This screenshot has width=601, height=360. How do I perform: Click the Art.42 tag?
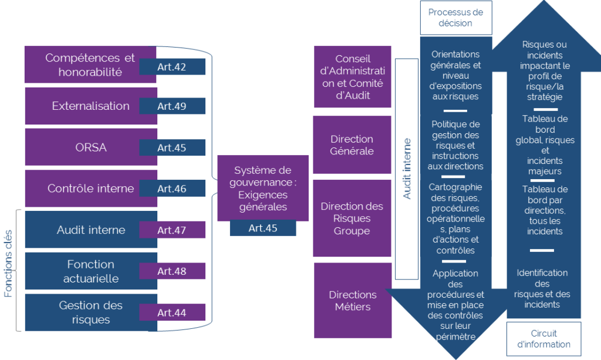(x=172, y=67)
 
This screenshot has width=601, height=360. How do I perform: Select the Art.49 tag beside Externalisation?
(x=172, y=106)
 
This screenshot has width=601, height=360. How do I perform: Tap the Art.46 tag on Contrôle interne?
(x=172, y=189)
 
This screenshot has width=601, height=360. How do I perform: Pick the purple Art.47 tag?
(x=172, y=230)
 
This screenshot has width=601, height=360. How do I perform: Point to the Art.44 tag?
(x=172, y=312)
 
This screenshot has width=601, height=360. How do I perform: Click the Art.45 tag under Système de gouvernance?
(x=262, y=228)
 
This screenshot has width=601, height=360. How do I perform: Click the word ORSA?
(x=90, y=147)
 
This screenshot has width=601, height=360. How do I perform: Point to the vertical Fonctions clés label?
(x=8, y=271)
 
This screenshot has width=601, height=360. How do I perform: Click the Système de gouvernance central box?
(x=262, y=188)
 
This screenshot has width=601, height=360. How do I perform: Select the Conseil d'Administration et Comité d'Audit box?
(x=352, y=77)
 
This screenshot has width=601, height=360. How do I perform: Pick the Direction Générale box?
(x=352, y=144)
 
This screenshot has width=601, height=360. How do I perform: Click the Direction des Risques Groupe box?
(x=352, y=218)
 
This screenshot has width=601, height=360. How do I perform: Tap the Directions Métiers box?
(x=352, y=300)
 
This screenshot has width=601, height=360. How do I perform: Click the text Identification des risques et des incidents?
(x=542, y=288)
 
